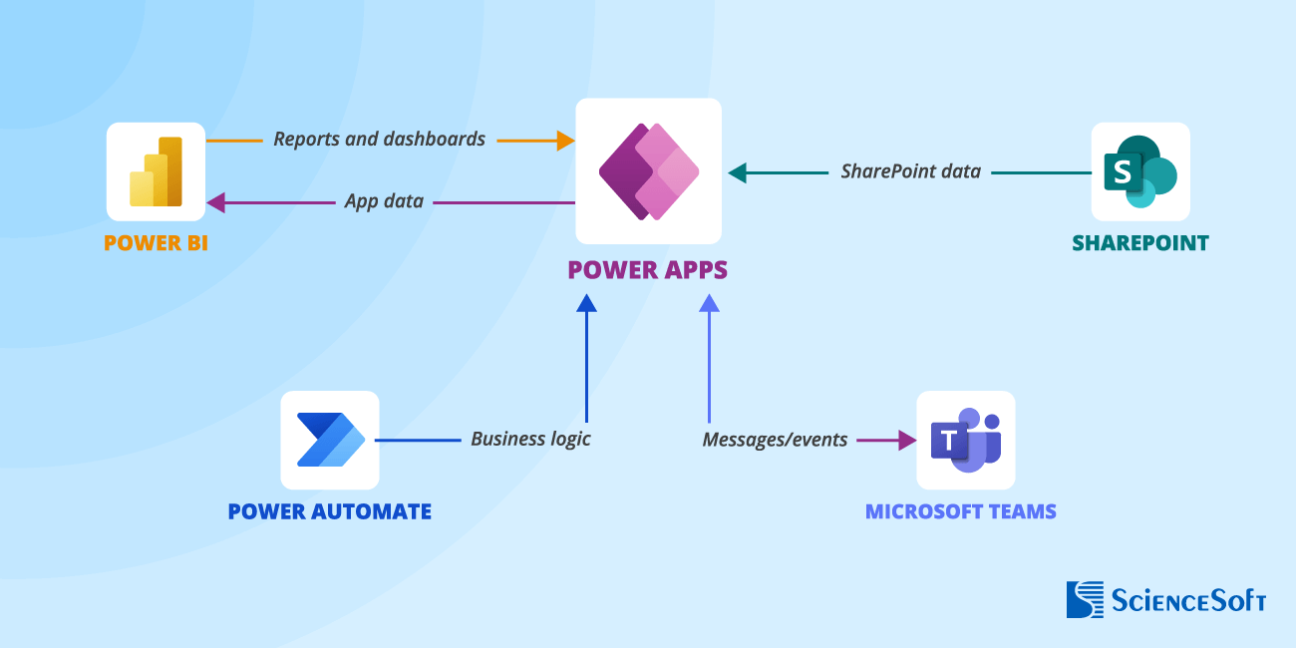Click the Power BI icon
tap(156, 171)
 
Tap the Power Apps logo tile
tap(648, 171)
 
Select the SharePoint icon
tap(1139, 171)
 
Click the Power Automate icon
tap(330, 440)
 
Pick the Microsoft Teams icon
tap(965, 440)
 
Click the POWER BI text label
tap(156, 242)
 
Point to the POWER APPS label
tap(647, 269)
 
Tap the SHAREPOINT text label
tap(1139, 242)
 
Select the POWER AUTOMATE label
tap(329, 511)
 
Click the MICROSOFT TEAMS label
tap(960, 511)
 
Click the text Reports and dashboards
tap(379, 139)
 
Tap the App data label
tap(384, 201)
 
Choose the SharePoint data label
tap(910, 171)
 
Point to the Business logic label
tap(530, 439)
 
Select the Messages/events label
tap(775, 439)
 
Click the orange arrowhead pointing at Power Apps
tap(565, 141)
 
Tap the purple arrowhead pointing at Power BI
tap(216, 203)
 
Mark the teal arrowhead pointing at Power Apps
tap(738, 173)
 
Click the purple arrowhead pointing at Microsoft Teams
tap(906, 440)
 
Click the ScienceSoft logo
tap(1165, 599)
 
